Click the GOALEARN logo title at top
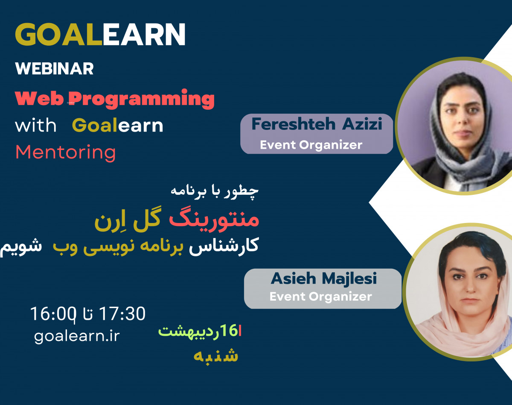100,34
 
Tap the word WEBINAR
54,69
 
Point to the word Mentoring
65,153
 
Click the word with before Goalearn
35,126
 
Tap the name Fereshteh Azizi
316,124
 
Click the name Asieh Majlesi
323,279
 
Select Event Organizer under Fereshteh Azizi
311,145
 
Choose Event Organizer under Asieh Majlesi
320,296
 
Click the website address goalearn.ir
77,336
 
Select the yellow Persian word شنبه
216,356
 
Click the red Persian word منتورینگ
214,220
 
